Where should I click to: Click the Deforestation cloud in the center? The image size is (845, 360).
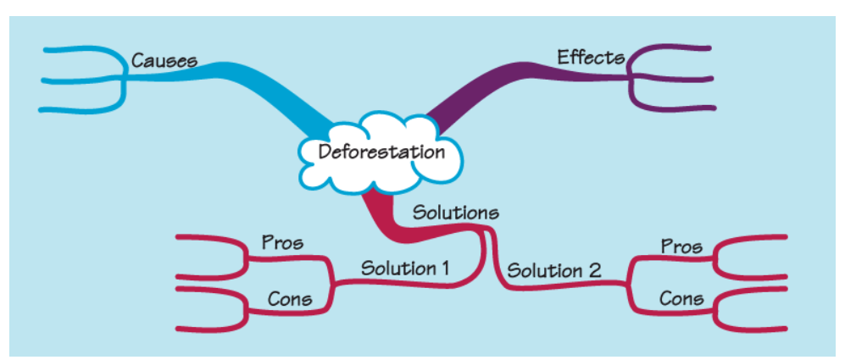[381, 153]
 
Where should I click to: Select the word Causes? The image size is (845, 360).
[164, 61]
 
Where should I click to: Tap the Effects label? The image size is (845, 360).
[591, 58]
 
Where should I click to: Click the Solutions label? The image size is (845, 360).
[455, 212]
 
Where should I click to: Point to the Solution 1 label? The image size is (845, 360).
[404, 269]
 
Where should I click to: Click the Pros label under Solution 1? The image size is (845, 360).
[282, 243]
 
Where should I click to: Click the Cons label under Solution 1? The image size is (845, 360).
[289, 298]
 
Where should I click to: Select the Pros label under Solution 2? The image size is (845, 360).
[681, 246]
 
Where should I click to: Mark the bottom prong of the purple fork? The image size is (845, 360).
[678, 108]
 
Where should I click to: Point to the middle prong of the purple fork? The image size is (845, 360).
[678, 80]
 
